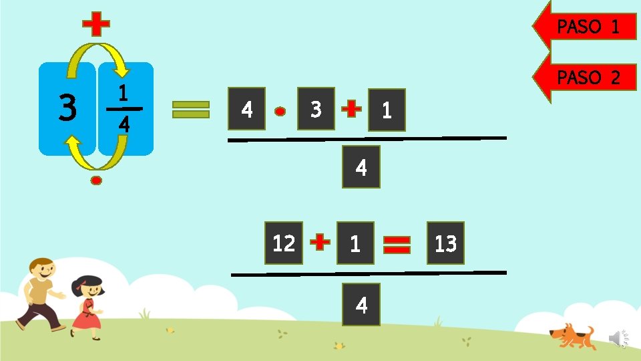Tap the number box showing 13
click(x=445, y=243)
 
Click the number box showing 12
click(x=284, y=243)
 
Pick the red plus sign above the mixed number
click(x=96, y=26)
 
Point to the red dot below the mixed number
click(x=97, y=180)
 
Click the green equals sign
click(x=191, y=110)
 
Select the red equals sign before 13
click(x=397, y=244)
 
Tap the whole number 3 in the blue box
click(x=67, y=109)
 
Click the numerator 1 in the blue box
click(x=123, y=92)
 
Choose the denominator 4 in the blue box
click(x=124, y=124)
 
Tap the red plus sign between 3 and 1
click(x=351, y=109)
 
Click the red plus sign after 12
click(x=320, y=243)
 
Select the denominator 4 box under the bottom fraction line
click(x=361, y=305)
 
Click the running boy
click(x=41, y=293)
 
